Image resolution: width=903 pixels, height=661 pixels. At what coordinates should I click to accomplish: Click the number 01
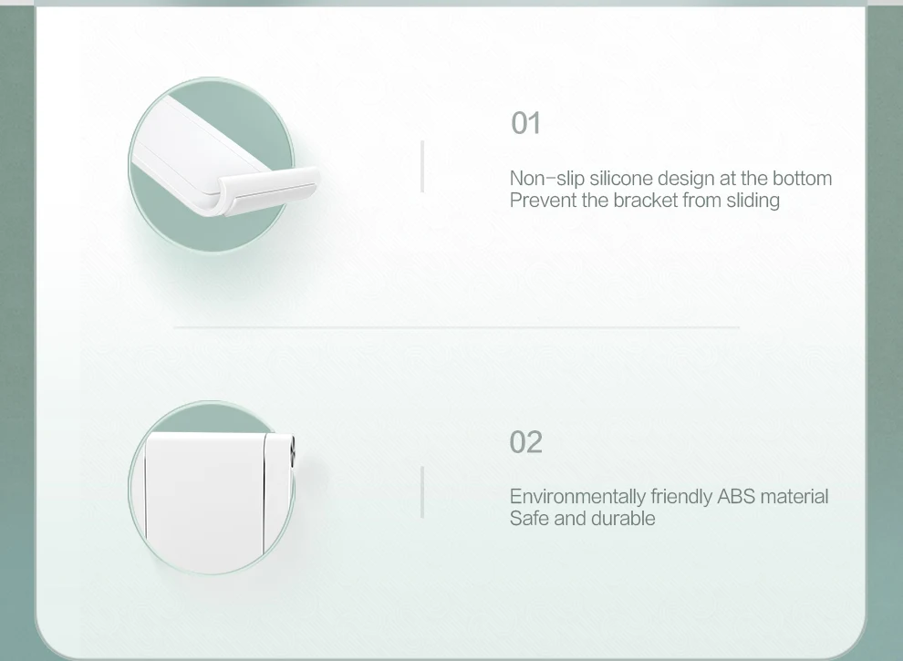pyautogui.click(x=525, y=123)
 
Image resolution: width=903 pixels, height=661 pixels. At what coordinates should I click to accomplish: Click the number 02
pyautogui.click(x=525, y=441)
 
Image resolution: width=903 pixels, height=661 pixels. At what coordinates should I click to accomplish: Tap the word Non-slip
pyautogui.click(x=547, y=179)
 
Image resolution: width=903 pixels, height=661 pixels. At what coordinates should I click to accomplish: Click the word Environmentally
pyautogui.click(x=577, y=496)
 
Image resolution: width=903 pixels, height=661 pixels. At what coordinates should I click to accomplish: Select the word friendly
pyautogui.click(x=681, y=496)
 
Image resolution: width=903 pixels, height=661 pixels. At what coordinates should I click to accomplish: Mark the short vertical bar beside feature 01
pyautogui.click(x=422, y=167)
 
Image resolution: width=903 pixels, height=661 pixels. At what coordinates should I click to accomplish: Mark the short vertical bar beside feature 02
pyautogui.click(x=422, y=492)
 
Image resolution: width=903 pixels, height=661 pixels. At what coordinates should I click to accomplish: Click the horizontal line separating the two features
pyautogui.click(x=457, y=327)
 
